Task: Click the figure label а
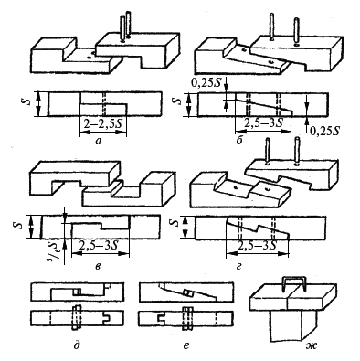[98, 141]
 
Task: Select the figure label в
[97, 267]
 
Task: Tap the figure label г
[238, 267]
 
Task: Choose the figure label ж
[311, 345]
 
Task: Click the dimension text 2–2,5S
[103, 124]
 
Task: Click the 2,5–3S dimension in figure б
[262, 123]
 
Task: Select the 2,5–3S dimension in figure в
[99, 246]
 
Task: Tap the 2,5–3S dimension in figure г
[257, 246]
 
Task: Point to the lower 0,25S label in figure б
[325, 132]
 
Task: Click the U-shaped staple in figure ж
[293, 283]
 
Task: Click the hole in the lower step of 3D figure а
[90, 57]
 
